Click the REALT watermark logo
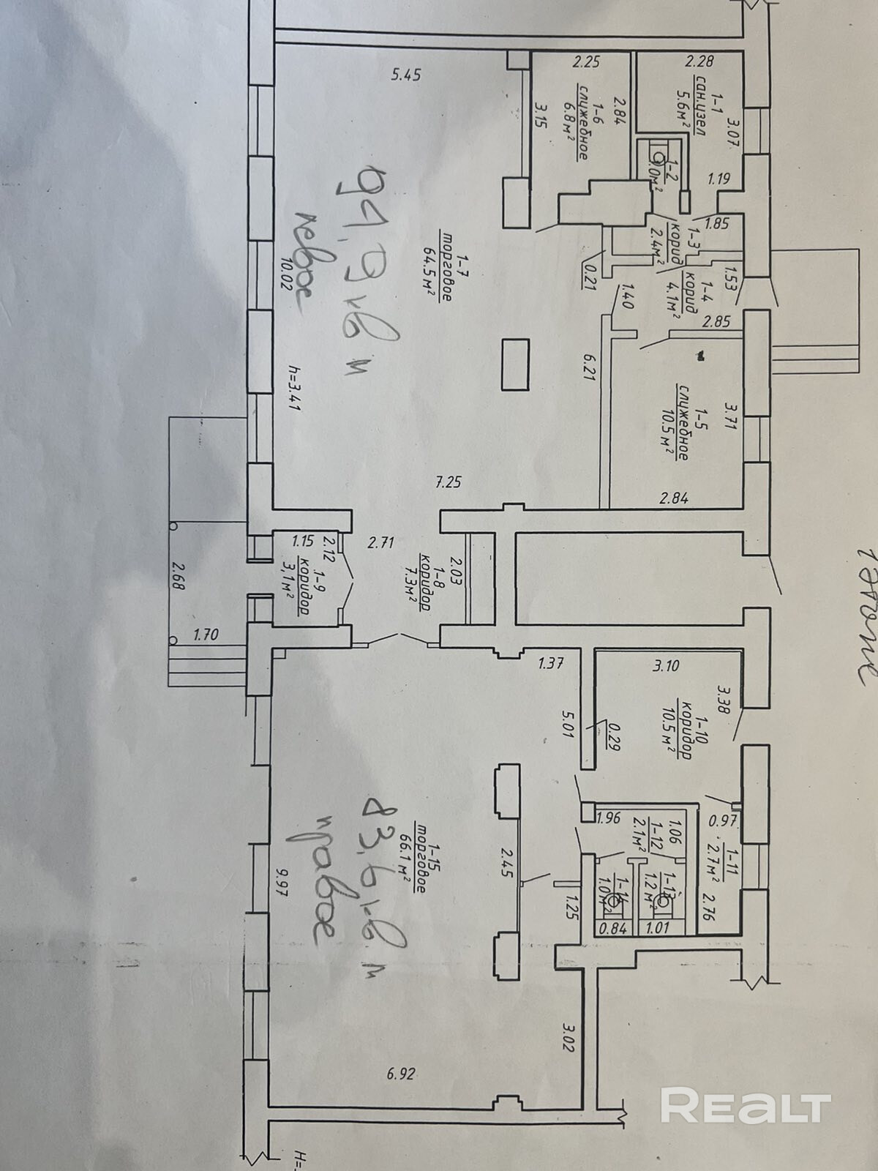point(746,1105)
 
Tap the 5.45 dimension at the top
point(406,74)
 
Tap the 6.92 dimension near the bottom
point(400,1074)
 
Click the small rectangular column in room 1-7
point(515,364)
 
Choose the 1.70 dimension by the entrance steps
point(206,635)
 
